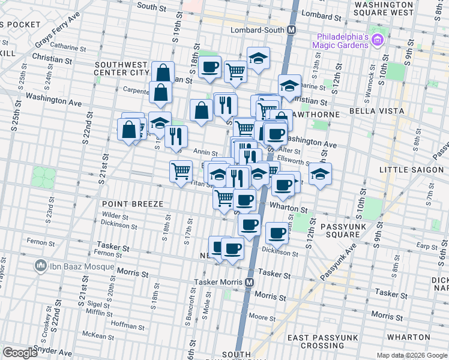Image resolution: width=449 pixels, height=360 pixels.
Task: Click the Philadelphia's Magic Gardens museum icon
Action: [x=378, y=41]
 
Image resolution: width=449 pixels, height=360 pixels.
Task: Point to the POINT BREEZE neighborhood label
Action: [x=133, y=205]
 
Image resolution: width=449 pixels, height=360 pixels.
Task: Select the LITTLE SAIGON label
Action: [x=414, y=170]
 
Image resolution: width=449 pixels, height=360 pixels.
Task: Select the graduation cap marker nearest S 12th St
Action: [x=321, y=175]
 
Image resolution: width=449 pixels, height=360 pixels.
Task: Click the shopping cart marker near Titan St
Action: [x=181, y=172]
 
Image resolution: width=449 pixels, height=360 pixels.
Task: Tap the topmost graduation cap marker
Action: [x=258, y=58]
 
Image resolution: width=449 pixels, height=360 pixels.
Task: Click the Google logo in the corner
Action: [x=20, y=353]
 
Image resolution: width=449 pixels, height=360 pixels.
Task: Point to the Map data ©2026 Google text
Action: [x=411, y=355]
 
